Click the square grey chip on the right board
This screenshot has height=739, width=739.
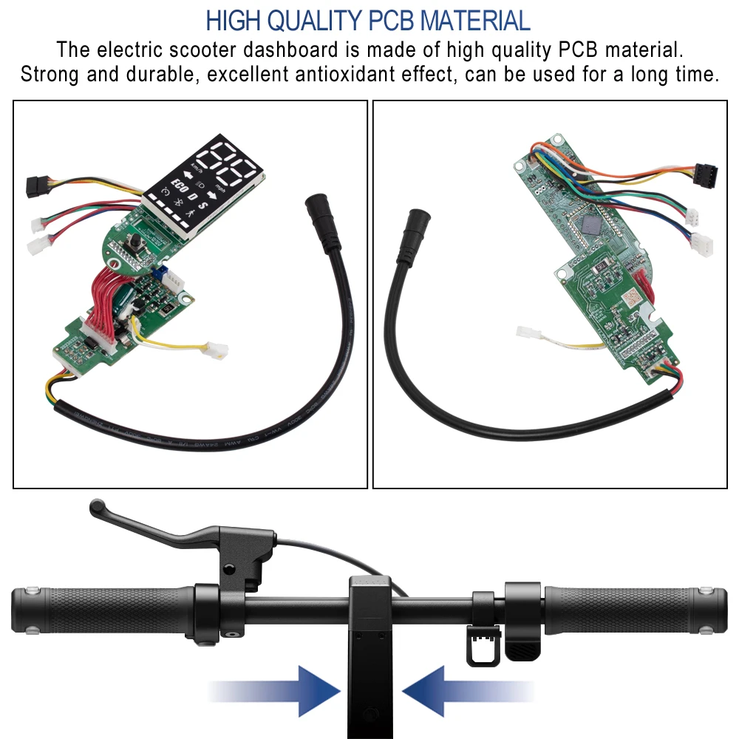[x=592, y=225]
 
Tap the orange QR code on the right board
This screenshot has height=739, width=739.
[x=630, y=298]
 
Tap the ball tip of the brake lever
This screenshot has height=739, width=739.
[x=96, y=508]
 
